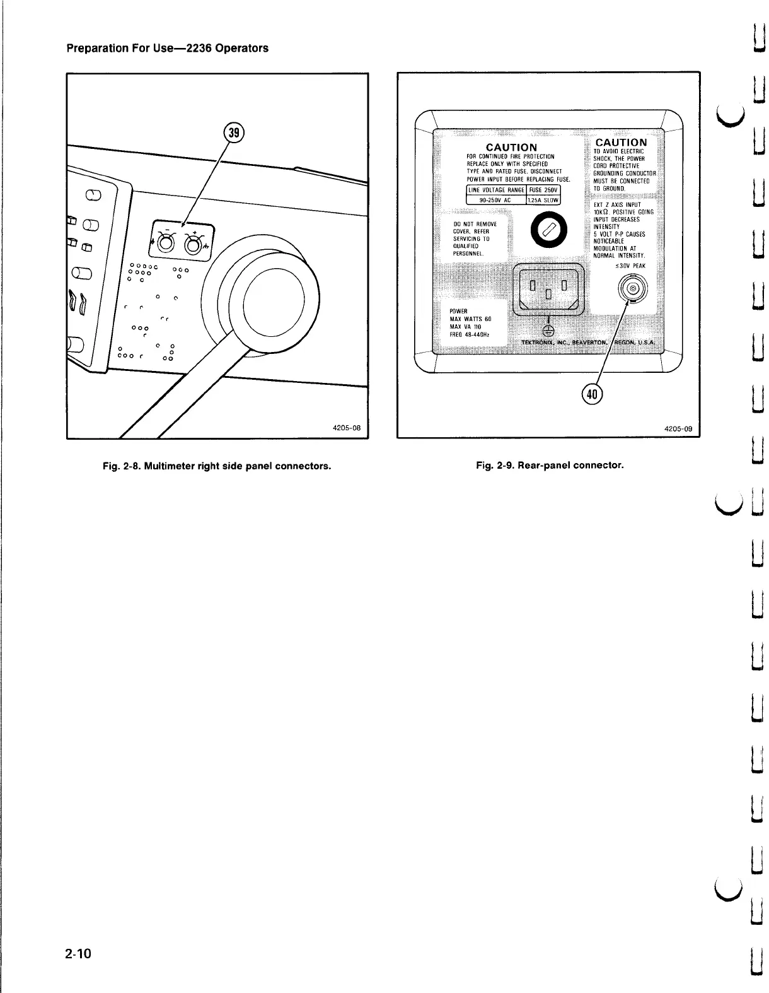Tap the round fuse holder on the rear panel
pyautogui.click(x=550, y=229)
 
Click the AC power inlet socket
pyautogui.click(x=549, y=290)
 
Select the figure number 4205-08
pyautogui.click(x=347, y=428)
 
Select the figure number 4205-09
pyautogui.click(x=678, y=428)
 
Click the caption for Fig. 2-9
pyautogui.click(x=550, y=466)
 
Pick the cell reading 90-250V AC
pyautogui.click(x=495, y=201)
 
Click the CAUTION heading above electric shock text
pyautogui.click(x=621, y=143)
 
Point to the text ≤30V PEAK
pyautogui.click(x=630, y=266)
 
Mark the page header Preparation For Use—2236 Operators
pyautogui.click(x=168, y=48)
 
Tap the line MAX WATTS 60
pyautogui.click(x=466, y=319)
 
